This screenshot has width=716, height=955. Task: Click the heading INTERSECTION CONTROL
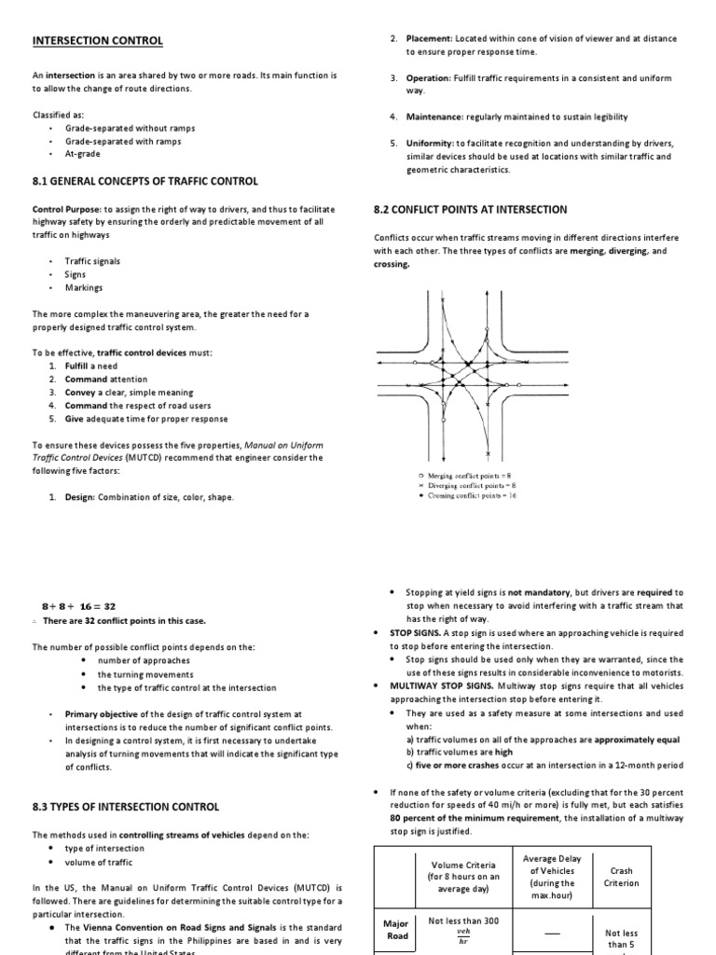[98, 41]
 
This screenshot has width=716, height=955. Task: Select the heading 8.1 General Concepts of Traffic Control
[145, 181]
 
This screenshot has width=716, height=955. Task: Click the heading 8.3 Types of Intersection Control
[126, 806]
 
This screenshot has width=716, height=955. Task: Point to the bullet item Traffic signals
[92, 261]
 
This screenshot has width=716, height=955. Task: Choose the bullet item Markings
[83, 288]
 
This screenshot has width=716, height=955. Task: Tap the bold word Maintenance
[434, 117]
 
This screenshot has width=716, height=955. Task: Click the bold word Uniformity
[430, 143]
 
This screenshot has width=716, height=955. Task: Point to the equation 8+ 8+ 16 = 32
[79, 605]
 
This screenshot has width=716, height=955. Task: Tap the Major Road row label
[396, 929]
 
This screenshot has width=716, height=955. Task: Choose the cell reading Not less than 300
[463, 921]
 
